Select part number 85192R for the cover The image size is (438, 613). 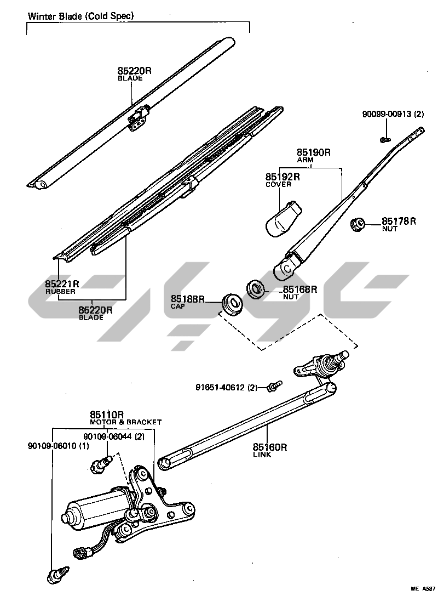coord(283,177)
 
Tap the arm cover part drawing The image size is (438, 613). coord(283,218)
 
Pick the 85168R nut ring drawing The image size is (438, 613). coord(256,288)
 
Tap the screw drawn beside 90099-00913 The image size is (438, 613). coord(385,140)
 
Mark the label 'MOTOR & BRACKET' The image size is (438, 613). coord(126,422)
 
